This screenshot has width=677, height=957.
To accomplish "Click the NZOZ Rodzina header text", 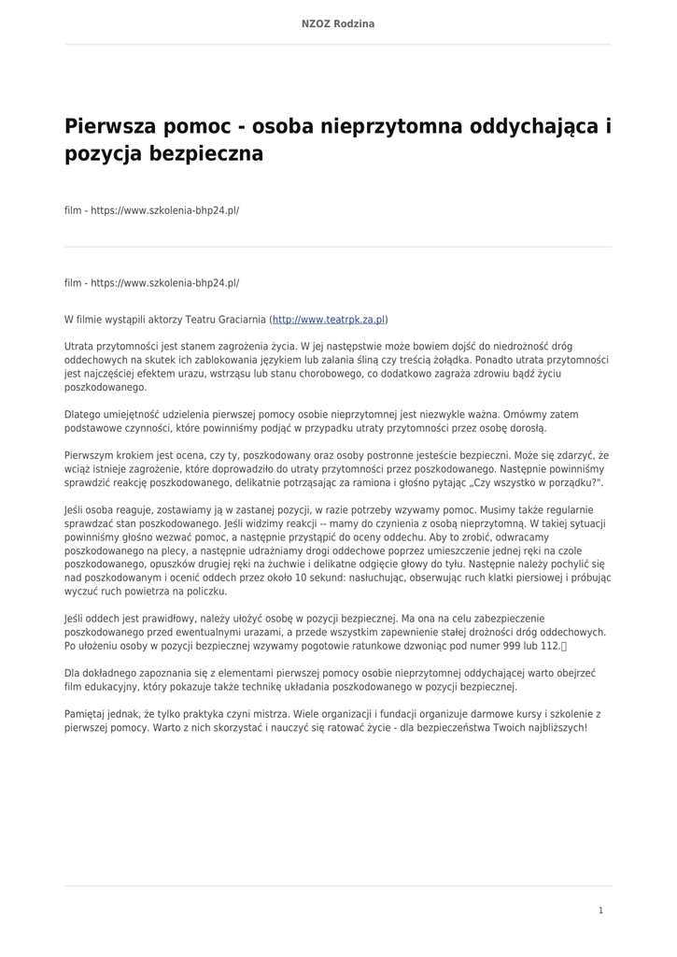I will point(338,23).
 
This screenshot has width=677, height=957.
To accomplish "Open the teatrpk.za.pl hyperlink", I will point(329,320).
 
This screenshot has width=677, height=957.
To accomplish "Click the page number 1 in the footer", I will point(600,910).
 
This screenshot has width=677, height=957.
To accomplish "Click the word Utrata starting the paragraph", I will point(79,346).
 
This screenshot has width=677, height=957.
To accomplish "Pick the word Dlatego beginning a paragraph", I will point(82,414).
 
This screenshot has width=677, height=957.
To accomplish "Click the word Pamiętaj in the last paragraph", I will point(86,713).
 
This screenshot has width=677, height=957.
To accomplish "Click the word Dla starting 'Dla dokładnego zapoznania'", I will point(73,673).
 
